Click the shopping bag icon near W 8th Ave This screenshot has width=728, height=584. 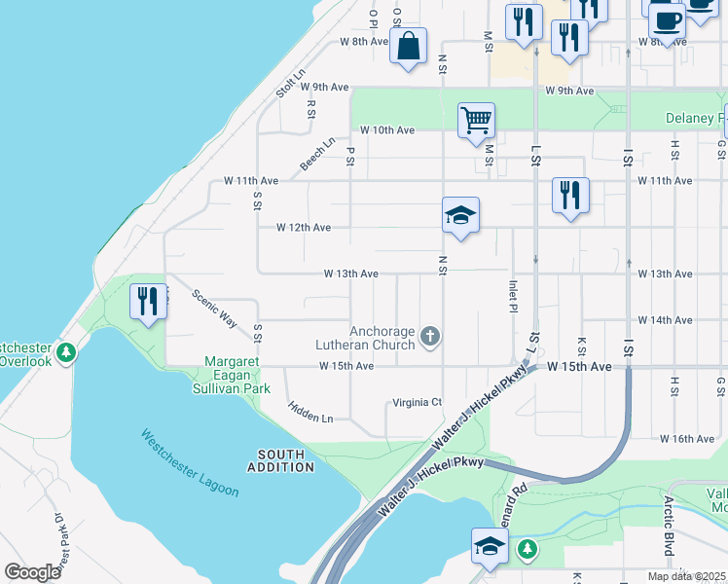point(408,45)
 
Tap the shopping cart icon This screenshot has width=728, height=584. point(476,122)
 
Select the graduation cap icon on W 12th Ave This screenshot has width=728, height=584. point(460,216)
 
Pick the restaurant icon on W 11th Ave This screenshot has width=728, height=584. point(570,195)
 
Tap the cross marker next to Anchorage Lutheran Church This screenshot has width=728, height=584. point(430,337)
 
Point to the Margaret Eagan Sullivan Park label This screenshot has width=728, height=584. point(237,375)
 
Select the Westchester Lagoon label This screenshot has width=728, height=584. point(190,463)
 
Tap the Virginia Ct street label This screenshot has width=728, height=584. point(417,402)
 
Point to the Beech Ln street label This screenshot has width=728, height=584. point(317,155)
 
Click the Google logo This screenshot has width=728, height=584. point(32,572)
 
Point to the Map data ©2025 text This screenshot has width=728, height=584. point(685,576)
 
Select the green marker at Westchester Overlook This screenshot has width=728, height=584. point(66,351)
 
